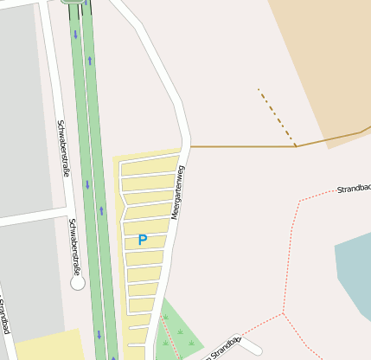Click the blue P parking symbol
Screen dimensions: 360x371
point(143,240)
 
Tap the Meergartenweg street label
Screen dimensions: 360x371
point(177,192)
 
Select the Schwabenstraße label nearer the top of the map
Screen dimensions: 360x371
point(63,148)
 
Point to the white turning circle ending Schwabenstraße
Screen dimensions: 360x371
point(78,282)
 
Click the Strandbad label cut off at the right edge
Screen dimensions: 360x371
point(354,188)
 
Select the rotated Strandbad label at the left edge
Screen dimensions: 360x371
point(4,317)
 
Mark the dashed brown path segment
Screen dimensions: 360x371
point(277,118)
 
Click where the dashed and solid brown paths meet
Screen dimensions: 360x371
point(296,146)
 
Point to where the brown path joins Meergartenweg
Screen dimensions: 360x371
point(190,146)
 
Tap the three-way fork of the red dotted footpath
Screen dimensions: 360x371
point(283,312)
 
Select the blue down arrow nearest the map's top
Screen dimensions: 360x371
point(75,35)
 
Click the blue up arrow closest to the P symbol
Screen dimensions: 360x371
point(101,210)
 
